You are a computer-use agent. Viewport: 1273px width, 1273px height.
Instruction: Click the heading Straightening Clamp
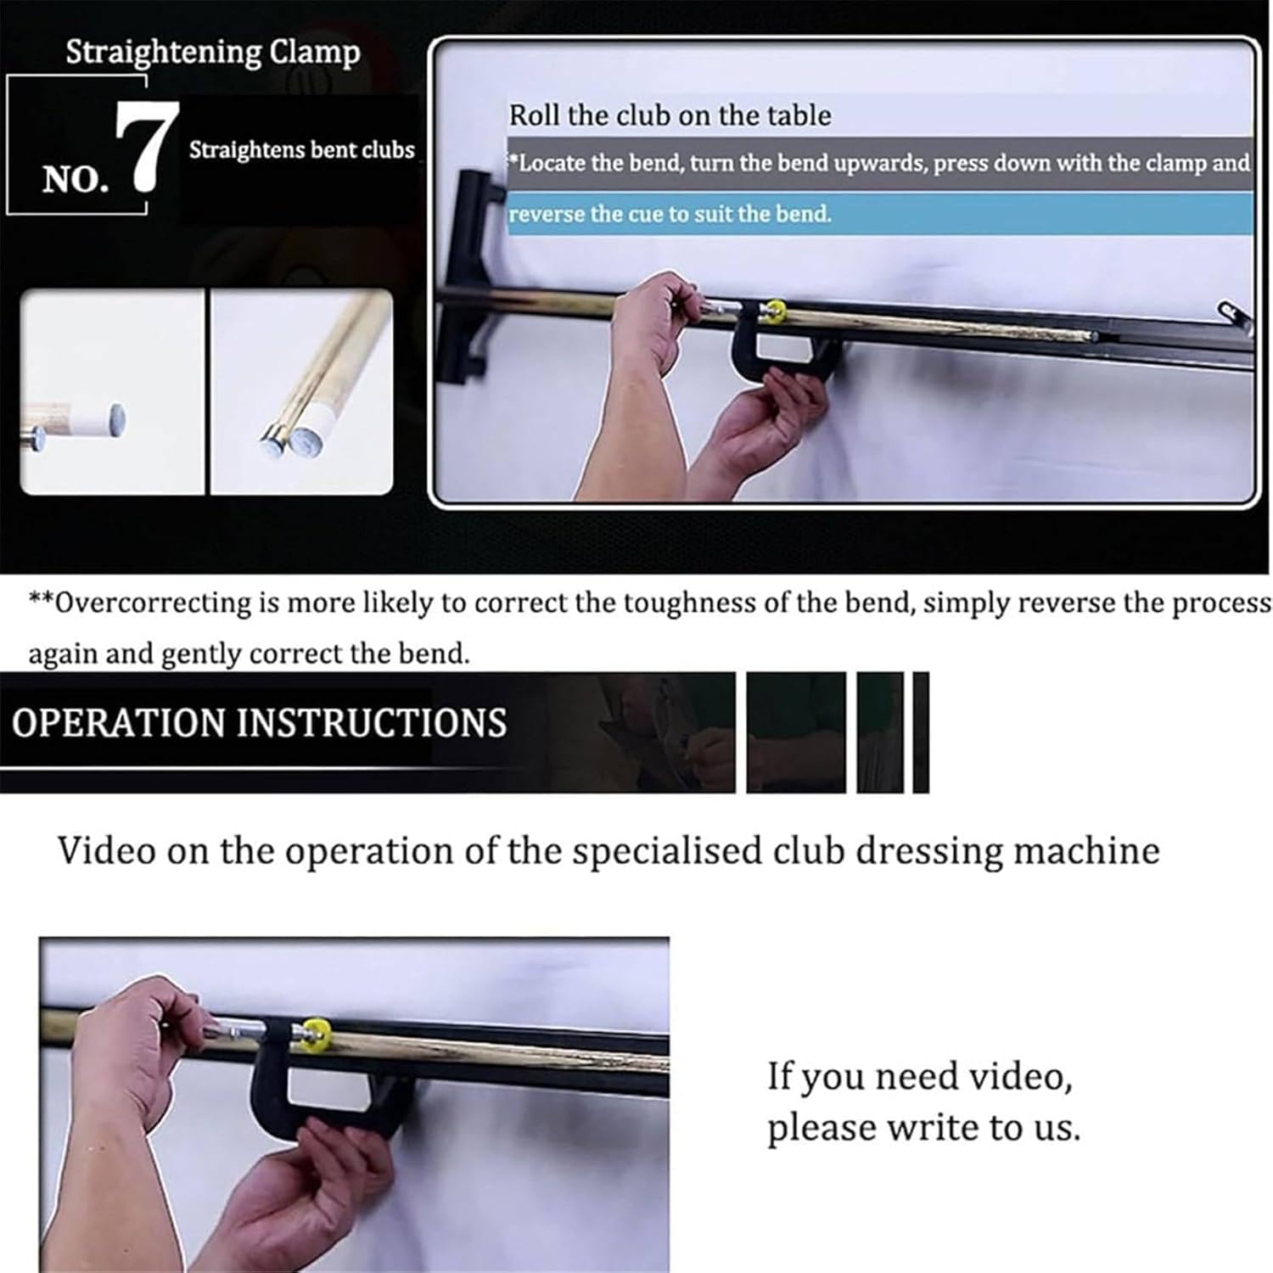point(213,53)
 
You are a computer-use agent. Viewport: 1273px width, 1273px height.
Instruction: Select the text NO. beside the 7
point(76,179)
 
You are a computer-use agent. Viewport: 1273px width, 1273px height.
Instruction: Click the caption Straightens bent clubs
point(301,150)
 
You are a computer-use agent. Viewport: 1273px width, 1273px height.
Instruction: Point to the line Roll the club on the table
point(670,115)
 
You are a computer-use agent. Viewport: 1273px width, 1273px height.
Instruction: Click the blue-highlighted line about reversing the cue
point(670,214)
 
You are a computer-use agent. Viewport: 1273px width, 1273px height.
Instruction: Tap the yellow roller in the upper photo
point(772,311)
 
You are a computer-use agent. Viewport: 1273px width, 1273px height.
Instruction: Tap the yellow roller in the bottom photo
point(316,1033)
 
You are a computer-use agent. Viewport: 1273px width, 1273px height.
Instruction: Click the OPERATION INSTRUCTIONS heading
point(259,723)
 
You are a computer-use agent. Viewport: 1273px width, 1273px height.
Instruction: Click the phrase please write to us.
point(923,1128)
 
